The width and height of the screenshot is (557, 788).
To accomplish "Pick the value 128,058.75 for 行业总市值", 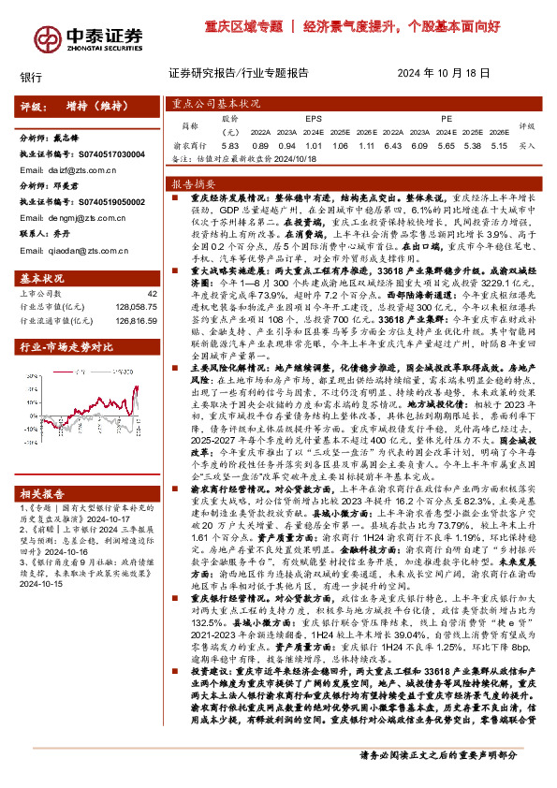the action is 133,306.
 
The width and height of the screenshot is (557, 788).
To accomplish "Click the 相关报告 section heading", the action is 43,519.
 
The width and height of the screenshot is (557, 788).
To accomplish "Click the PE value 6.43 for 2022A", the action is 391,146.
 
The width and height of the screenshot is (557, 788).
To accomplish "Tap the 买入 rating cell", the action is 527,146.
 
